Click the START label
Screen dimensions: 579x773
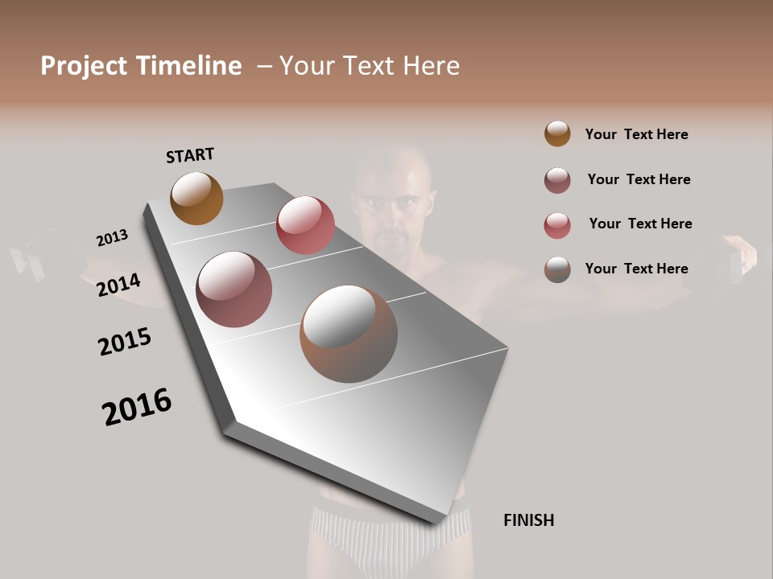pyautogui.click(x=190, y=155)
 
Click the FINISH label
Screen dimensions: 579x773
pyautogui.click(x=528, y=520)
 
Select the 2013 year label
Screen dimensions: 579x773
pyautogui.click(x=112, y=238)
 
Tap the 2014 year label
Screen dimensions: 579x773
pyautogui.click(x=118, y=285)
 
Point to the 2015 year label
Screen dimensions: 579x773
pyautogui.click(x=125, y=342)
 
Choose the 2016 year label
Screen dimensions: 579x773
pyautogui.click(x=137, y=407)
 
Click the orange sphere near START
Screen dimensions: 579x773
pyautogui.click(x=196, y=198)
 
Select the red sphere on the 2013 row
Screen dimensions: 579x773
pyautogui.click(x=305, y=224)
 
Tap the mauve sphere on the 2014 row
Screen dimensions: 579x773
pyautogui.click(x=234, y=289)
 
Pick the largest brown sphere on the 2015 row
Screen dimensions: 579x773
pyautogui.click(x=349, y=334)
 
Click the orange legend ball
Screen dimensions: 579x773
pyautogui.click(x=557, y=133)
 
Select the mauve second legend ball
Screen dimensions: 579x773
pyautogui.click(x=557, y=180)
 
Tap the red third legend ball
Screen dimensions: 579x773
pyautogui.click(x=557, y=225)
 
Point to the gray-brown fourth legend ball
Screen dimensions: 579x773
pyautogui.click(x=557, y=269)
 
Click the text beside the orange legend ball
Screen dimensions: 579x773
pyautogui.click(x=636, y=134)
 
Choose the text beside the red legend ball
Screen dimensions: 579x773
pyautogui.click(x=640, y=224)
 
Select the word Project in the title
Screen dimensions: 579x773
pyautogui.click(x=85, y=66)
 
